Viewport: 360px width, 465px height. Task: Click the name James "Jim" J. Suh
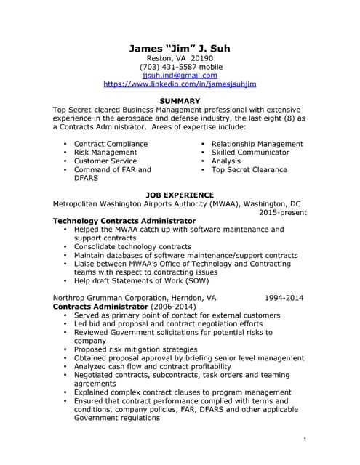pyautogui.click(x=180, y=49)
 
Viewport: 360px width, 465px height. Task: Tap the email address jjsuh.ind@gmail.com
pyautogui.click(x=180, y=75)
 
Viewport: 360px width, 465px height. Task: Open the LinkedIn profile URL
pyautogui.click(x=180, y=84)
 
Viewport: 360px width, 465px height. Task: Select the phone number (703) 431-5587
pyautogui.click(x=180, y=67)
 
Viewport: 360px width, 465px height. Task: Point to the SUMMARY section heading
pyautogui.click(x=180, y=101)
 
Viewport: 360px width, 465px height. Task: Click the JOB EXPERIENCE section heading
pyautogui.click(x=180, y=195)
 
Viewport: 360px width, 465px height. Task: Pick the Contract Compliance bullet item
pyautogui.click(x=111, y=144)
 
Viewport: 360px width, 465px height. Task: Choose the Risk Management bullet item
pyautogui.click(x=105, y=153)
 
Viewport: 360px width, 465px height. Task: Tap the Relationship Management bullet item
pyautogui.click(x=257, y=144)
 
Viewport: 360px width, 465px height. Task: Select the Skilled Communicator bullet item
pyautogui.click(x=250, y=153)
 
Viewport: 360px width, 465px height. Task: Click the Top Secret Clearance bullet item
pyautogui.click(x=249, y=170)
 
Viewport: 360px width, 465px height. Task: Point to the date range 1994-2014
pyautogui.click(x=284, y=298)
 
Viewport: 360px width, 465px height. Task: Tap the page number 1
pyautogui.click(x=304, y=440)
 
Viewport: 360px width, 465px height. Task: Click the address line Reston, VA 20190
pyautogui.click(x=180, y=58)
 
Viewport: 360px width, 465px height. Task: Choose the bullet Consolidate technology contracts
pyautogui.click(x=132, y=247)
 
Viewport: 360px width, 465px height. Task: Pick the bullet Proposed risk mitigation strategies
pyautogui.click(x=135, y=349)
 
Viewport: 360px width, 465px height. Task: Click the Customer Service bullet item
pyautogui.click(x=105, y=161)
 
